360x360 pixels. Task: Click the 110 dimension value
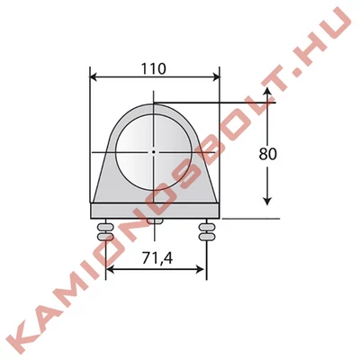pos(153,69)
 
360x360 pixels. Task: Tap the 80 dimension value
pos(267,154)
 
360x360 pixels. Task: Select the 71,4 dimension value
pos(157,257)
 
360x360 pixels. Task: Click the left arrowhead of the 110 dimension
pos(94,76)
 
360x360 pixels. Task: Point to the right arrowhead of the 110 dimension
pos(216,77)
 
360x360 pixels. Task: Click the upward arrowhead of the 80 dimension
pos(267,91)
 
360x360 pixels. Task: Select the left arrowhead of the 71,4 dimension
pos(110,269)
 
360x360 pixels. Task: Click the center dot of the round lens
pos(153,152)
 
